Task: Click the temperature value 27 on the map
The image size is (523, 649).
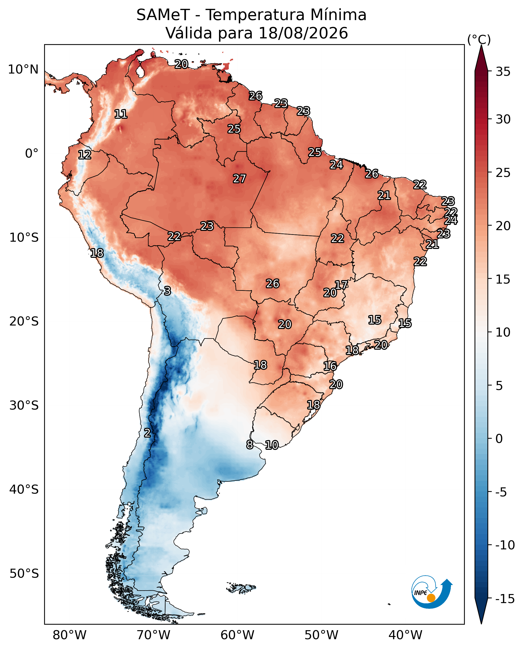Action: click(x=239, y=179)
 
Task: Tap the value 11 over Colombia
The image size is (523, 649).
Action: click(x=121, y=114)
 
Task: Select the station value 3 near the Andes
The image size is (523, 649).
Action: click(x=168, y=291)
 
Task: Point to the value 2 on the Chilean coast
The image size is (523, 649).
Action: click(x=147, y=433)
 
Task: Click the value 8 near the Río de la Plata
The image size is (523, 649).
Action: click(x=250, y=445)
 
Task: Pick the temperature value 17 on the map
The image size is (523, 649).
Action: click(x=341, y=285)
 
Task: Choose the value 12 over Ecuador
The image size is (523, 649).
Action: click(x=85, y=155)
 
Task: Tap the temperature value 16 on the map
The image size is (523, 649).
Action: click(x=330, y=366)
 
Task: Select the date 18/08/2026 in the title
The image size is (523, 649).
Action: click(x=303, y=33)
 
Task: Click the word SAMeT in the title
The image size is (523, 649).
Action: click(x=163, y=15)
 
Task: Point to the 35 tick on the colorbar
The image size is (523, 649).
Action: click(x=503, y=72)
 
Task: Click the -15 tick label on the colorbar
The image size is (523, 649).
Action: click(x=505, y=599)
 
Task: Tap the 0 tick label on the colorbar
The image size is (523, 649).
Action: click(x=499, y=439)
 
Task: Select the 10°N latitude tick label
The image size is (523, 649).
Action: click(x=23, y=70)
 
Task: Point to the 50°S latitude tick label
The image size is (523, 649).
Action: click(x=24, y=574)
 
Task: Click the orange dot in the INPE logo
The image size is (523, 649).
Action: click(x=431, y=598)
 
